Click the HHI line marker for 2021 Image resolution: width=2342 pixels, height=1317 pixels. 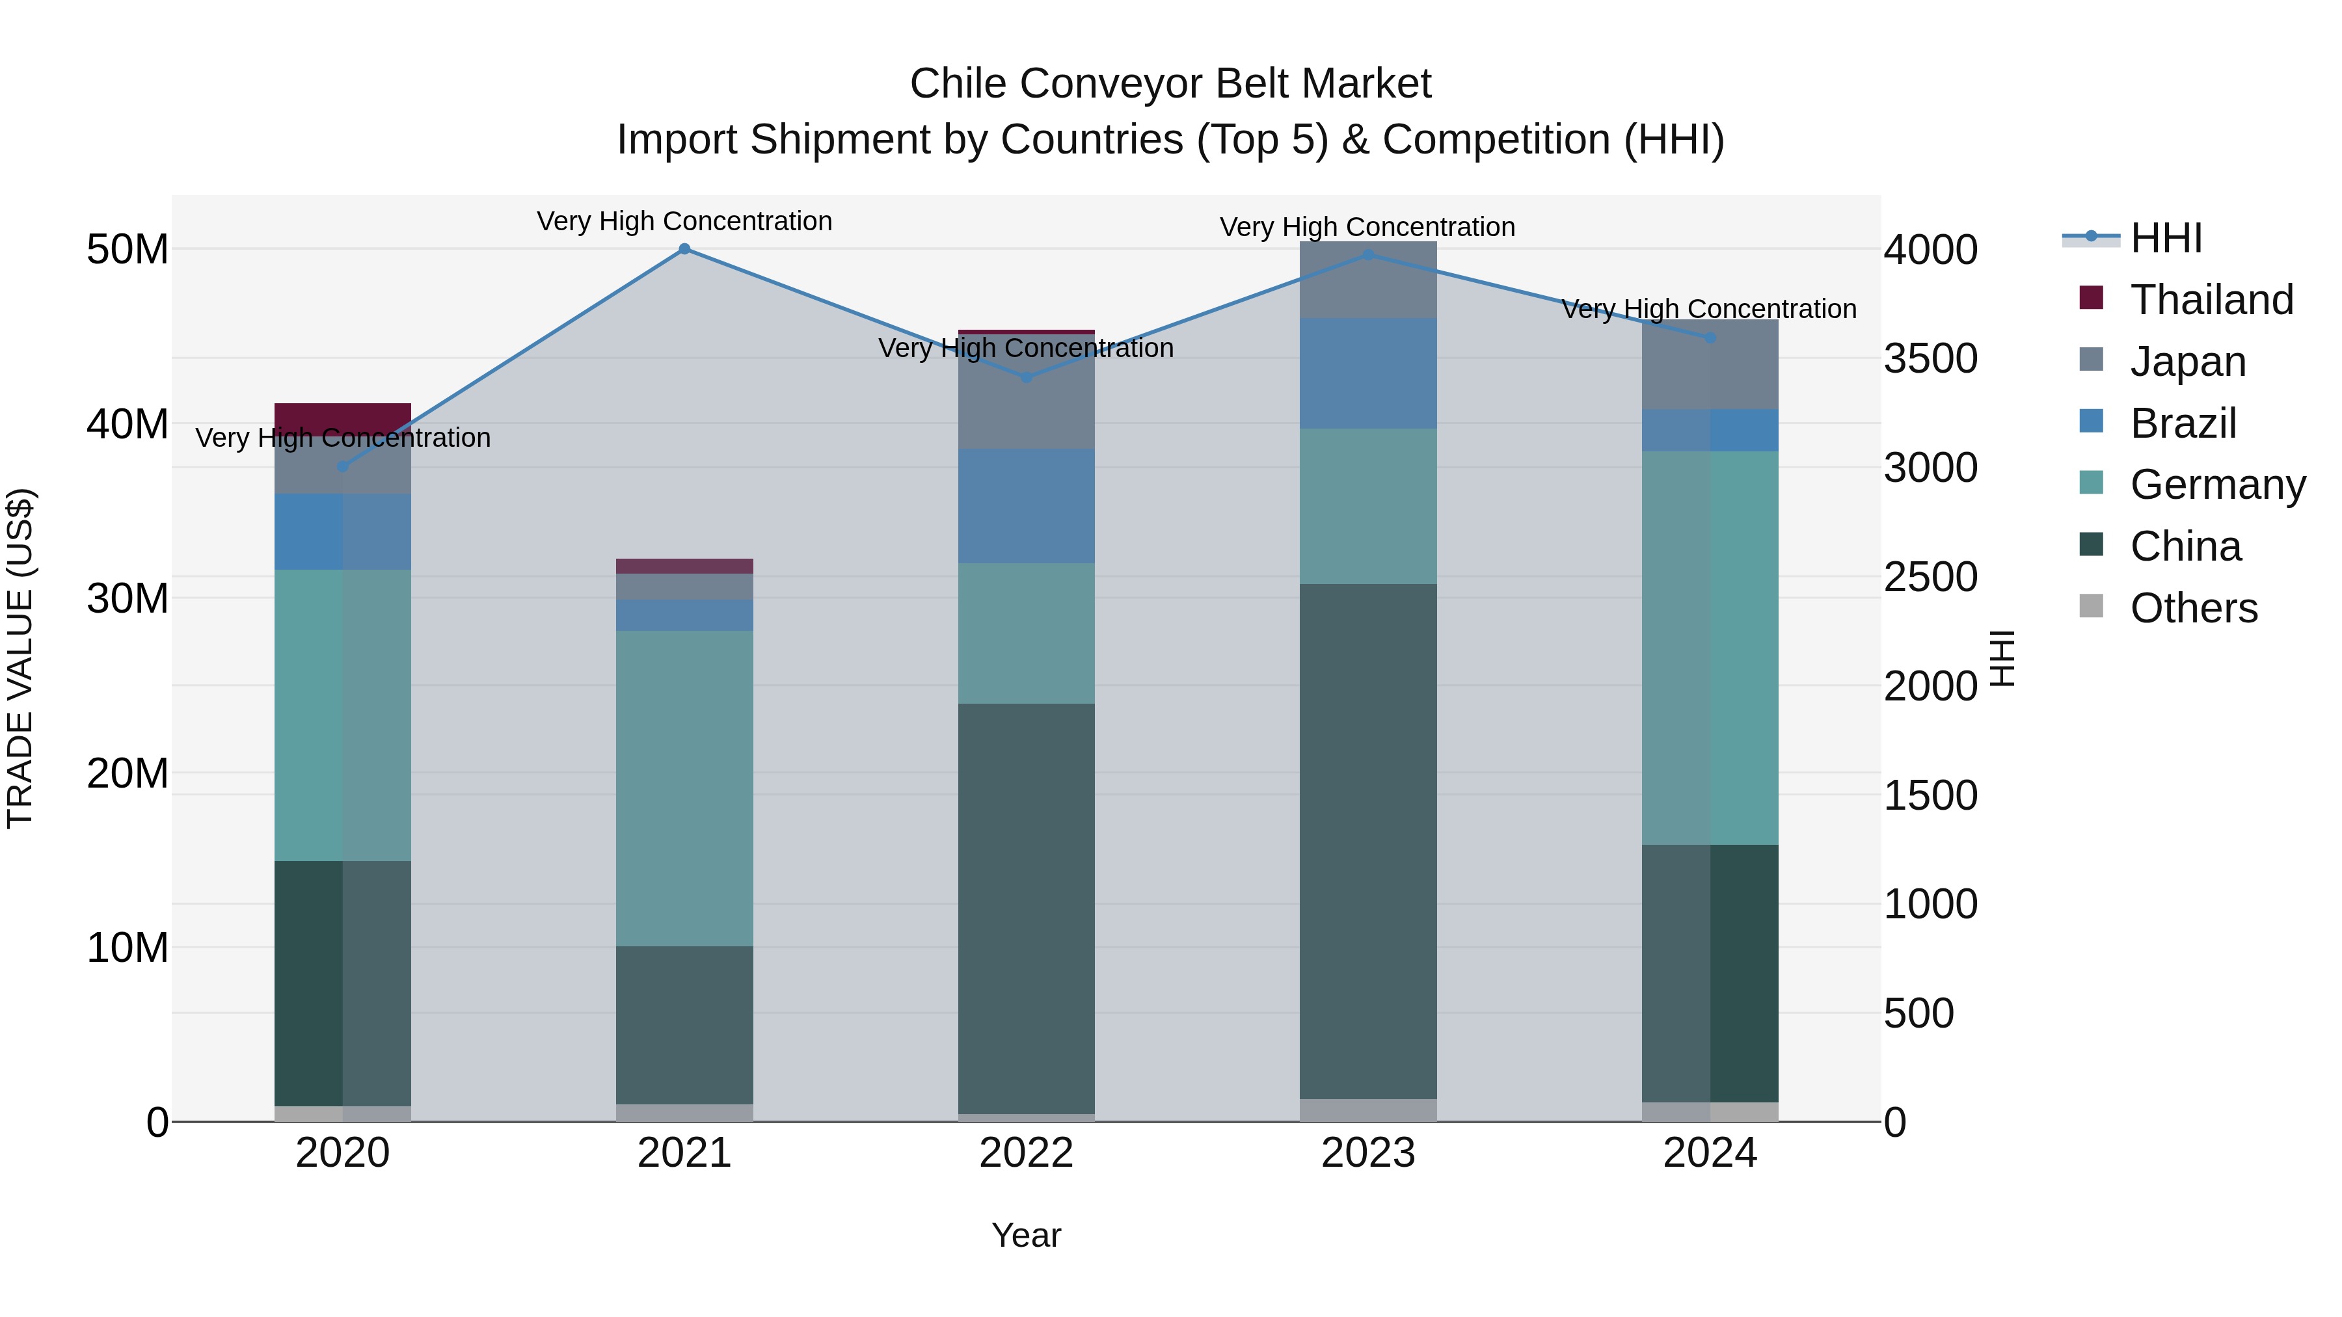684,249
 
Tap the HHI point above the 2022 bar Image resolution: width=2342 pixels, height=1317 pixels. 1027,377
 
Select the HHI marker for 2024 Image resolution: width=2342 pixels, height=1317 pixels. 1710,338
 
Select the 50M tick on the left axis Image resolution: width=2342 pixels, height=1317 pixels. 128,250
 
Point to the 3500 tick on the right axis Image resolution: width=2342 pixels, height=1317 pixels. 1930,359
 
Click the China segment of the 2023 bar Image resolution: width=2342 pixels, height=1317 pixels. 1368,841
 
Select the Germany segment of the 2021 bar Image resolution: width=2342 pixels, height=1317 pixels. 684,788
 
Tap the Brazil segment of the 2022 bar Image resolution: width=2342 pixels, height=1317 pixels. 1027,505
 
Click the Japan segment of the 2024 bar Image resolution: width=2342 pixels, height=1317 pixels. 1710,364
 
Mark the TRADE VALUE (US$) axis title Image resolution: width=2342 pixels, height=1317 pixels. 20,658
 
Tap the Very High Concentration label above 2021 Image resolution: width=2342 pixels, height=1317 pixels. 684,222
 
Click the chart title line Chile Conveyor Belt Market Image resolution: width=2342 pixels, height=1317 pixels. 1170,85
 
